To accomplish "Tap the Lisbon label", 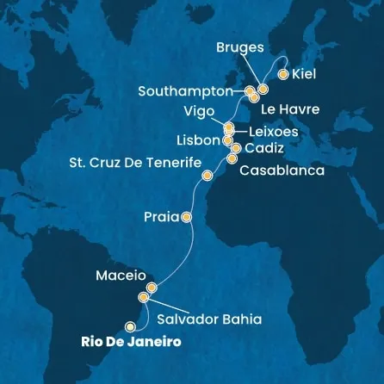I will [x=199, y=139].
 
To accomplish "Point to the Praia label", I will [x=161, y=219].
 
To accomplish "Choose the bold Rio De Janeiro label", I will [x=135, y=342].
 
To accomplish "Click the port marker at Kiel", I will [x=282, y=73].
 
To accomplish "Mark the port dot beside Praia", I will [x=186, y=218].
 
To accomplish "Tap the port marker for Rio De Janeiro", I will [x=131, y=325].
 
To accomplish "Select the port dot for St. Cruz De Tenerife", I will [x=207, y=176].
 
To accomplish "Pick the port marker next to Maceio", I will [x=152, y=288].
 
